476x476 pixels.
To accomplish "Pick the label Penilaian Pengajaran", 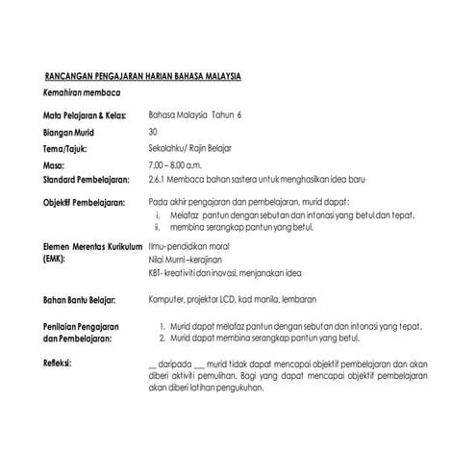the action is [84, 328].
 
